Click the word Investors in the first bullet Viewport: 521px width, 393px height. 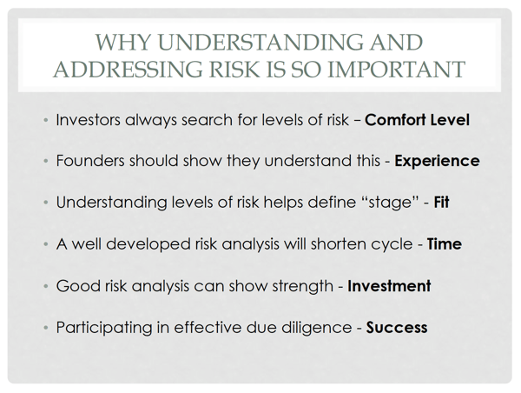click(x=88, y=120)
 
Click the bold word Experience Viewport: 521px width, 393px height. click(x=437, y=162)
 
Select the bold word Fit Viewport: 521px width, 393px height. click(x=442, y=202)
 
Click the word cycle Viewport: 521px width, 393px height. click(x=392, y=245)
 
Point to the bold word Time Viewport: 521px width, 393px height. click(x=445, y=244)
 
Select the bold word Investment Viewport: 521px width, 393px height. click(x=389, y=286)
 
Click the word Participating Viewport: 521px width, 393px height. click(x=104, y=328)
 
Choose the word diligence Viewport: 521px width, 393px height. click(x=317, y=328)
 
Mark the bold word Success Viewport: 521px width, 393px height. click(x=397, y=328)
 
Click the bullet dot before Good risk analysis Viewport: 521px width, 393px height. click(x=46, y=287)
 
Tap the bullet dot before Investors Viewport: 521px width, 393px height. click(x=46, y=120)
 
